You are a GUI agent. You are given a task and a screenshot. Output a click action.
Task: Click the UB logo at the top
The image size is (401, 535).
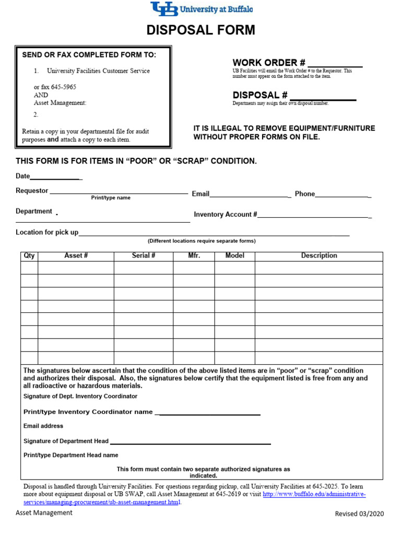163,9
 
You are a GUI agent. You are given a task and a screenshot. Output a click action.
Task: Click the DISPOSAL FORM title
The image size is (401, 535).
201,30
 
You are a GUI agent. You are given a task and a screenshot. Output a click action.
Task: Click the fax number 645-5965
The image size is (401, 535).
63,87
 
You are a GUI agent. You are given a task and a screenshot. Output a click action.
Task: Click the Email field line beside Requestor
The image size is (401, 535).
251,196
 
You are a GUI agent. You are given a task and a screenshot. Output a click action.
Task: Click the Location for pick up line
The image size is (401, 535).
214,235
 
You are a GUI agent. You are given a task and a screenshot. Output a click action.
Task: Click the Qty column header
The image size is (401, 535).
29,256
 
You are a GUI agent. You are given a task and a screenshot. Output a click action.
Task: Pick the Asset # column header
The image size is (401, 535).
76,256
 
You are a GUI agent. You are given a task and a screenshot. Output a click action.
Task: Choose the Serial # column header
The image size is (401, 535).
144,256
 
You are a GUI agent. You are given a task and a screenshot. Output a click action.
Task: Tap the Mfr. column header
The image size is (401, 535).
194,256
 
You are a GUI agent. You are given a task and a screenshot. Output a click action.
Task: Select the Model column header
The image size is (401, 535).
234,256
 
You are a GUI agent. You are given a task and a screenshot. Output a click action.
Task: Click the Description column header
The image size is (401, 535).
319,256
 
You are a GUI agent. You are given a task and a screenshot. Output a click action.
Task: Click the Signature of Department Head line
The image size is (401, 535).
190,443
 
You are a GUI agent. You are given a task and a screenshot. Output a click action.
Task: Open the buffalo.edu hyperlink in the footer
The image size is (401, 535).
314,494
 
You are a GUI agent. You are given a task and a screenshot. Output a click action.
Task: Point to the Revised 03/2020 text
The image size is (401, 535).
359,514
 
